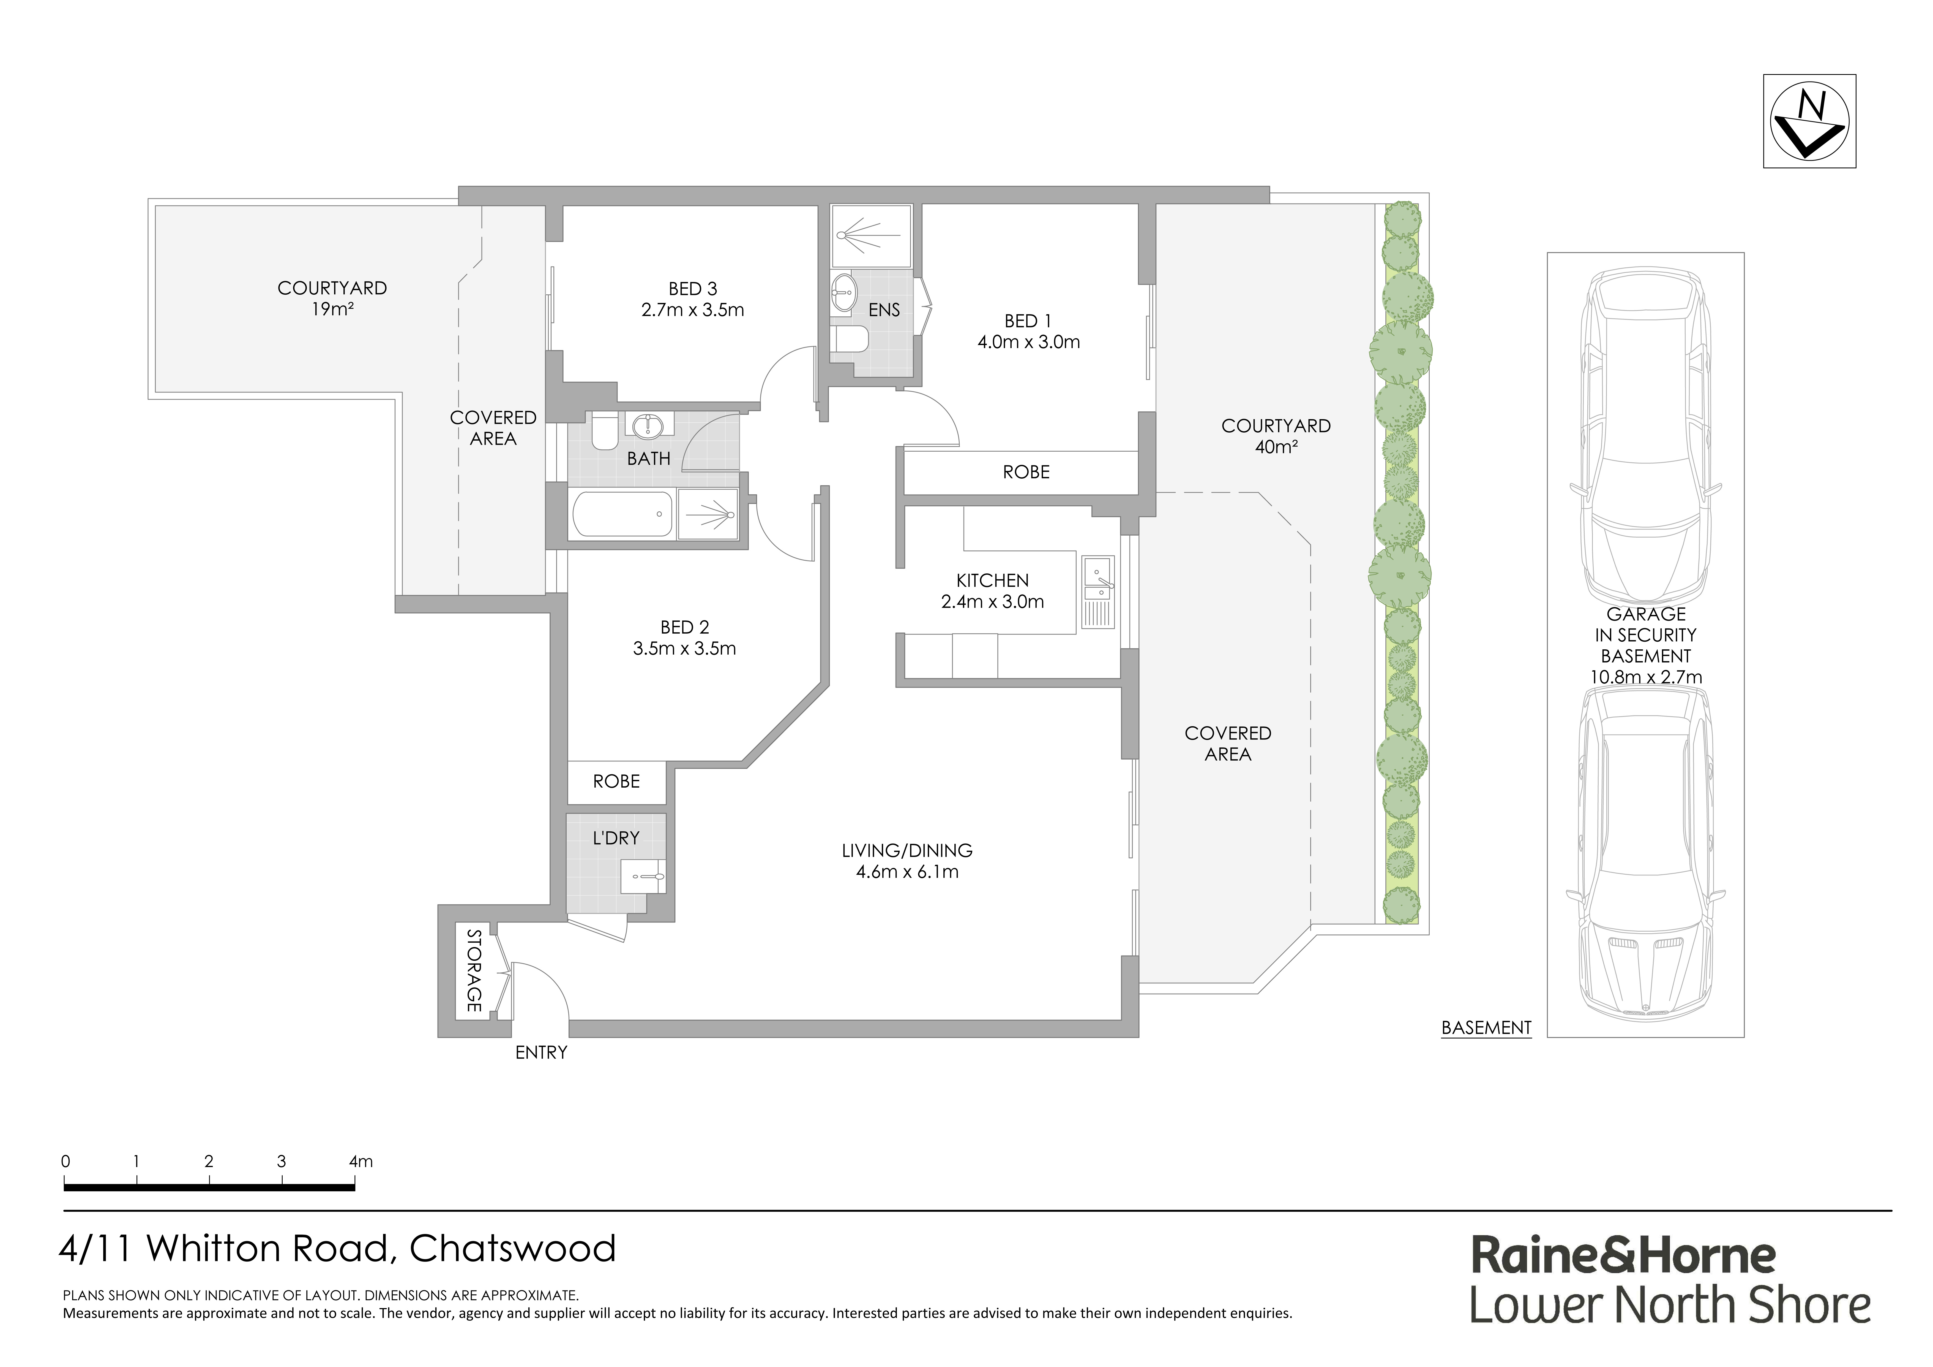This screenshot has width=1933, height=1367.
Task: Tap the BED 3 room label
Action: click(x=692, y=289)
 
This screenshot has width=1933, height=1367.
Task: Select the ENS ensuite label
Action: click(x=884, y=310)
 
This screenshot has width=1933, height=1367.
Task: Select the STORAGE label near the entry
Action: click(x=474, y=971)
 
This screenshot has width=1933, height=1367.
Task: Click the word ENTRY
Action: click(x=541, y=1052)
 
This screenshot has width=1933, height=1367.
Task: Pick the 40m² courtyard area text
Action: click(x=1276, y=447)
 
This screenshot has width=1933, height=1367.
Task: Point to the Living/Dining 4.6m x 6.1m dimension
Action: click(x=907, y=872)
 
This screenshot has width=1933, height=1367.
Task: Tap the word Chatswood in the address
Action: click(x=513, y=1248)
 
